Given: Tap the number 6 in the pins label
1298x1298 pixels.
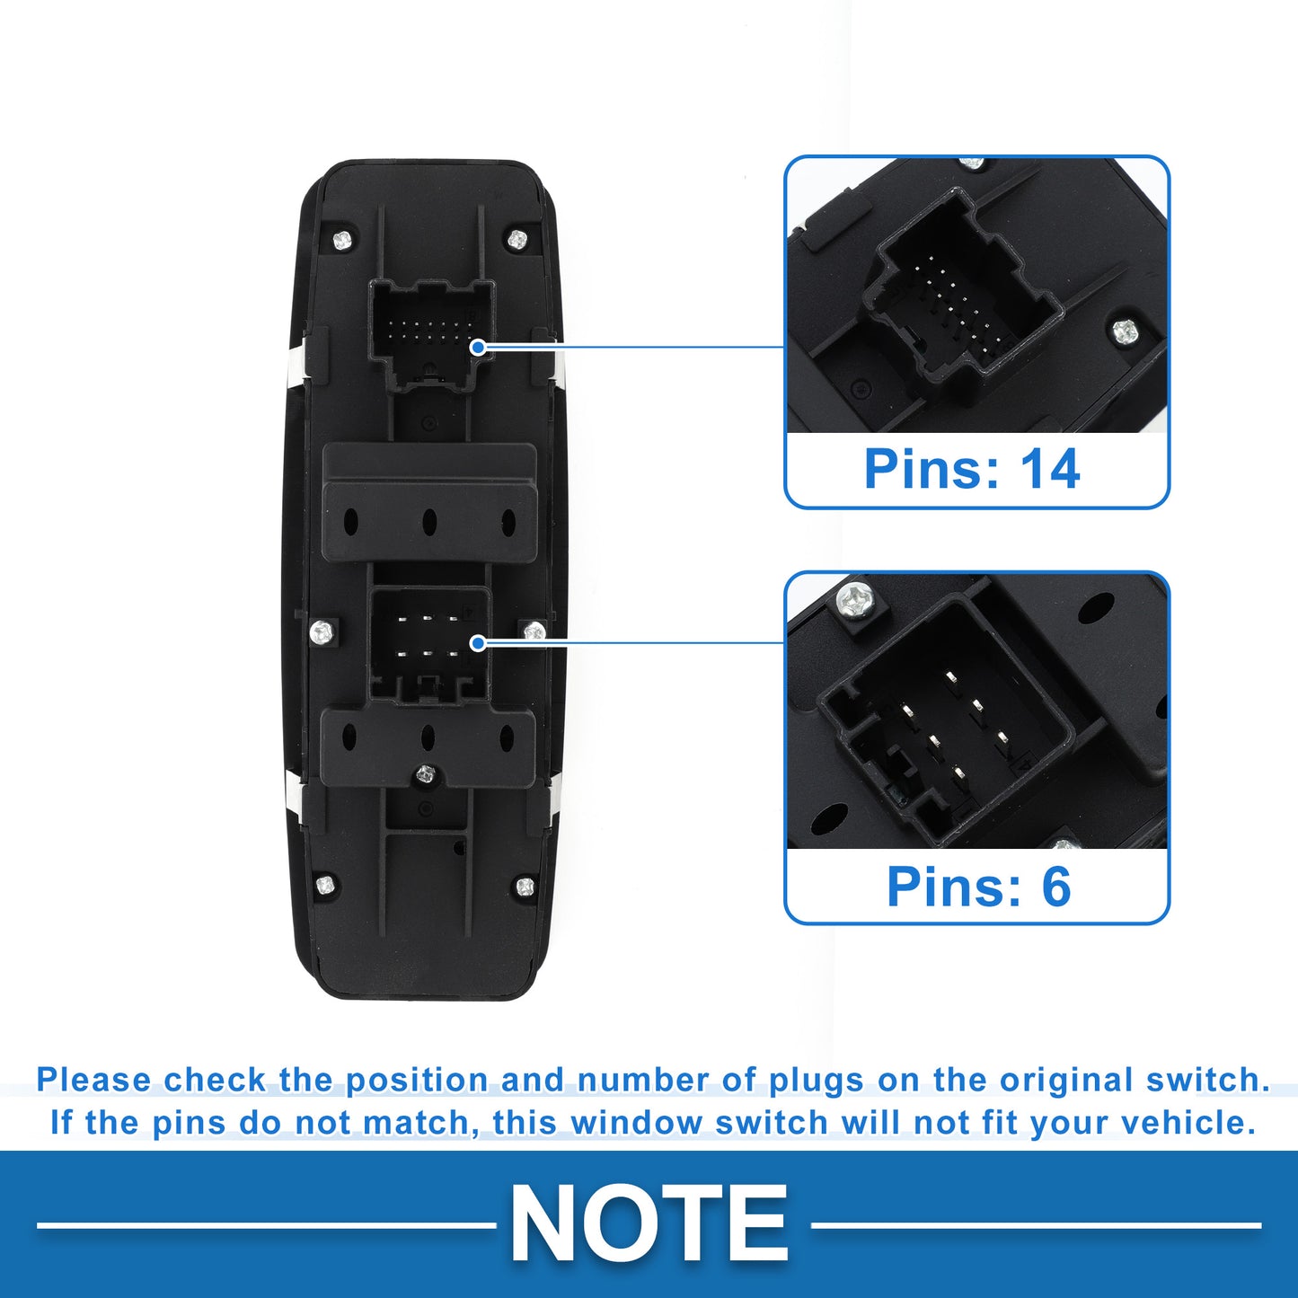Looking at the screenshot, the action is click(1056, 887).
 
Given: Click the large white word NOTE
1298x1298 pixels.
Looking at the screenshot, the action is click(649, 1223).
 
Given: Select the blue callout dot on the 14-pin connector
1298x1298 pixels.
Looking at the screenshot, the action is click(478, 348).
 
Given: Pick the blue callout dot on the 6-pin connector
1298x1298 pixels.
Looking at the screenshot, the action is click(478, 643).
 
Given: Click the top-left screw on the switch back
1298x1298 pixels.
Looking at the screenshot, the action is click(343, 239).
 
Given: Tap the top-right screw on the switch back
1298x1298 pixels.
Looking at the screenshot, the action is click(517, 238).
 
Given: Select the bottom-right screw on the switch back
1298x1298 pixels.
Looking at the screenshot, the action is click(525, 886).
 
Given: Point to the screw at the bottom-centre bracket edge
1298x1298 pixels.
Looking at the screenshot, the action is click(424, 774).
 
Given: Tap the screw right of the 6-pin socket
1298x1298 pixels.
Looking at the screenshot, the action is click(534, 631).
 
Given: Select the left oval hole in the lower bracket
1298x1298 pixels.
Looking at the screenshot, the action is click(349, 737).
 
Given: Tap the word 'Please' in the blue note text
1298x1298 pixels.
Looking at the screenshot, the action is click(93, 1080).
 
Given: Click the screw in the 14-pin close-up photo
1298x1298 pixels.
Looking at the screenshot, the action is click(1123, 331).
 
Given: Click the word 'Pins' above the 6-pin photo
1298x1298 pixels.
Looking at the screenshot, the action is click(944, 887).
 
